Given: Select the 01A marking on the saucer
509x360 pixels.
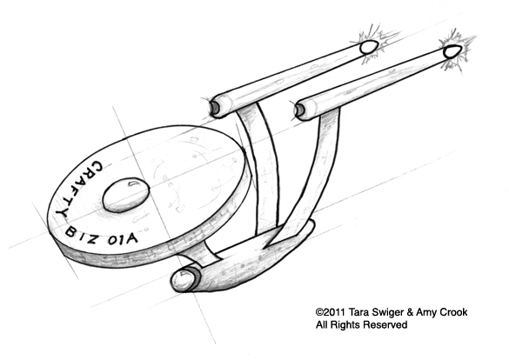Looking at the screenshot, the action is (123, 240).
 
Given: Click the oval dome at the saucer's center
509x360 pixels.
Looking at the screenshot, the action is (126, 195).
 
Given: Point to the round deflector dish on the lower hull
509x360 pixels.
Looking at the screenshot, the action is (183, 280).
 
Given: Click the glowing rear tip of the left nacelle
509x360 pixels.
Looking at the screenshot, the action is (369, 47).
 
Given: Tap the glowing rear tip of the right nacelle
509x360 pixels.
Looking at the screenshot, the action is (452, 51).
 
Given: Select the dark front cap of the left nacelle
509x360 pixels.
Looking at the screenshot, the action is (215, 107).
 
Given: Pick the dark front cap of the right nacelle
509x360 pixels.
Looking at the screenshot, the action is (299, 110).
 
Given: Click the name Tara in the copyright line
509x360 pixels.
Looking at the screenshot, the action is (359, 312).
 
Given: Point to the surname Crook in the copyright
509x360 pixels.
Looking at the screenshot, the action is (453, 312).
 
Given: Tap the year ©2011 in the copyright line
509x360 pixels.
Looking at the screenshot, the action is (331, 312).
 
